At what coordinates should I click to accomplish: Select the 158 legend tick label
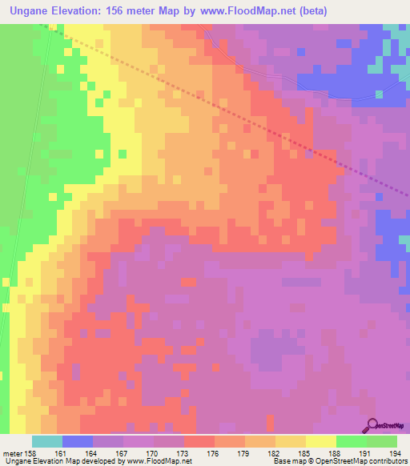[x=31, y=453]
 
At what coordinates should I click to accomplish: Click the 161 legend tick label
[x=62, y=453]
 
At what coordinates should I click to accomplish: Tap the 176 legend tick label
[x=214, y=453]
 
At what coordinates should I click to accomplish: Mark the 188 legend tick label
[x=336, y=453]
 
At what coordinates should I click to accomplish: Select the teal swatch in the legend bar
[x=46, y=441]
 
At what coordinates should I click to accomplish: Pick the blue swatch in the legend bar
[x=77, y=441]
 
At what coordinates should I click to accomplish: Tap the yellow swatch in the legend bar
[x=320, y=441]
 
